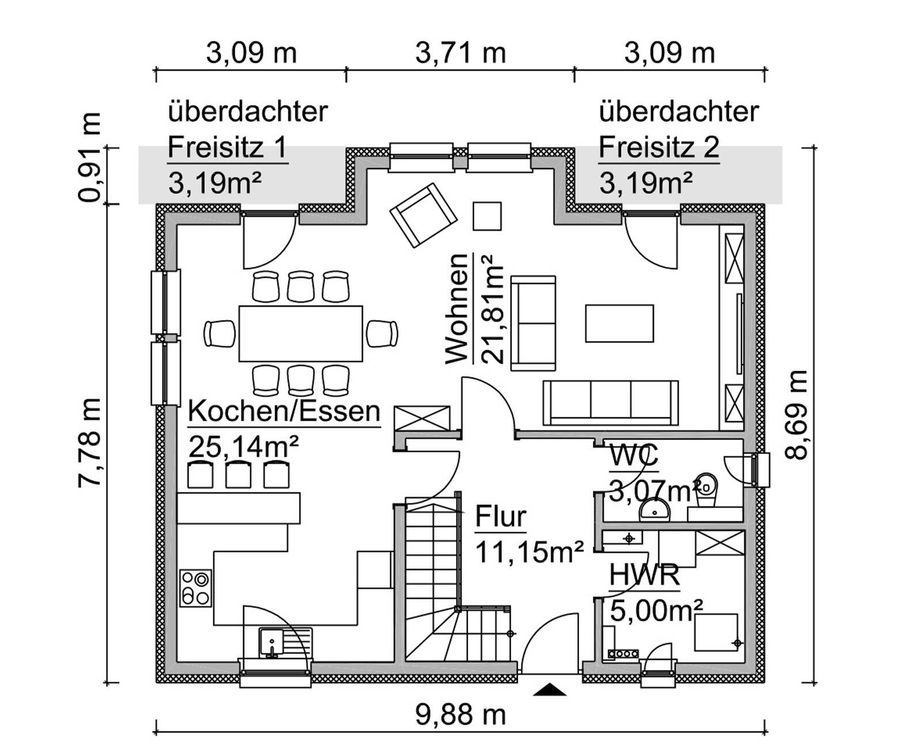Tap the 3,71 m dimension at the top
pyautogui.click(x=460, y=53)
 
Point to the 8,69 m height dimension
pyautogui.click(x=796, y=415)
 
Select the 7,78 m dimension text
pyautogui.click(x=89, y=442)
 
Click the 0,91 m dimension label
pyautogui.click(x=89, y=157)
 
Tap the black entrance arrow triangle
pyautogui.click(x=549, y=689)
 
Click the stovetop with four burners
pyautogui.click(x=196, y=587)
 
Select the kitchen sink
pyautogui.click(x=285, y=643)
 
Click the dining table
pyautogui.click(x=300, y=333)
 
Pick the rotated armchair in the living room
pyautogui.click(x=423, y=215)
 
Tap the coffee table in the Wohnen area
pyautogui.click(x=619, y=323)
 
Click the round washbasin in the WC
pyautogui.click(x=654, y=510)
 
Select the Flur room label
pyautogui.click(x=501, y=516)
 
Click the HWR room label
pyautogui.click(x=644, y=575)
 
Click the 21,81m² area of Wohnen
pyautogui.click(x=492, y=309)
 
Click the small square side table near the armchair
pyautogui.click(x=487, y=216)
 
